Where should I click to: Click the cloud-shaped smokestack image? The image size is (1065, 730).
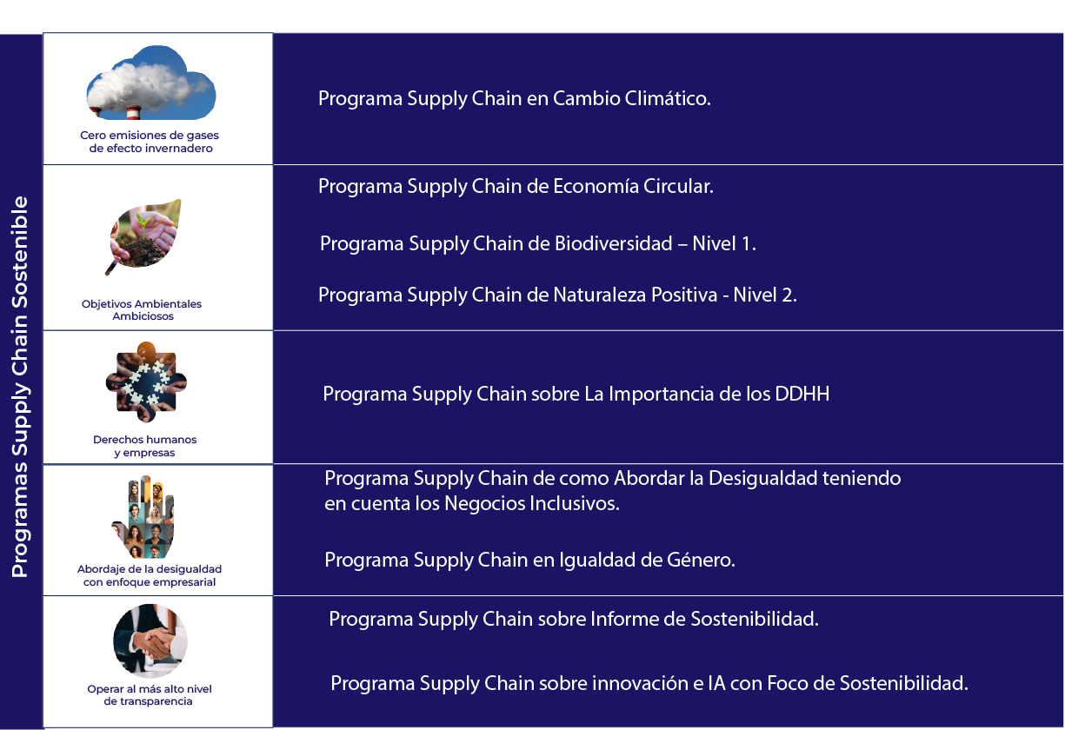(x=151, y=83)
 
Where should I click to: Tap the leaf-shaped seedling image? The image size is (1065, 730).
(x=143, y=236)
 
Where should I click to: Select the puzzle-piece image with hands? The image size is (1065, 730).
(x=146, y=382)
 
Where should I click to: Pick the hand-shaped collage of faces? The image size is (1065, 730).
(x=143, y=516)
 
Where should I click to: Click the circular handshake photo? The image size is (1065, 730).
(x=150, y=640)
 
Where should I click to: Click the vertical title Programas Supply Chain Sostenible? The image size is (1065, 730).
(x=20, y=387)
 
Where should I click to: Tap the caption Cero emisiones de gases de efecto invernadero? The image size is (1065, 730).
(x=150, y=142)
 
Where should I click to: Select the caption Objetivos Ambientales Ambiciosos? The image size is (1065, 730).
(x=142, y=310)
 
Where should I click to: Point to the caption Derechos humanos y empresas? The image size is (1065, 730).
(x=145, y=446)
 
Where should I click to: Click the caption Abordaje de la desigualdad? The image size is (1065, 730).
(x=150, y=569)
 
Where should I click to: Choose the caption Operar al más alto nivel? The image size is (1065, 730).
(x=150, y=688)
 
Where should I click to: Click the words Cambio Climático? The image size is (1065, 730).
(x=632, y=98)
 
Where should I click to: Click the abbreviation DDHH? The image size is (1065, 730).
(x=802, y=394)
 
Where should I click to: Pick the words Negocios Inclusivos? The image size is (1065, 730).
(x=532, y=503)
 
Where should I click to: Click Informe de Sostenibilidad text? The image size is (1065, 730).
(x=704, y=619)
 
